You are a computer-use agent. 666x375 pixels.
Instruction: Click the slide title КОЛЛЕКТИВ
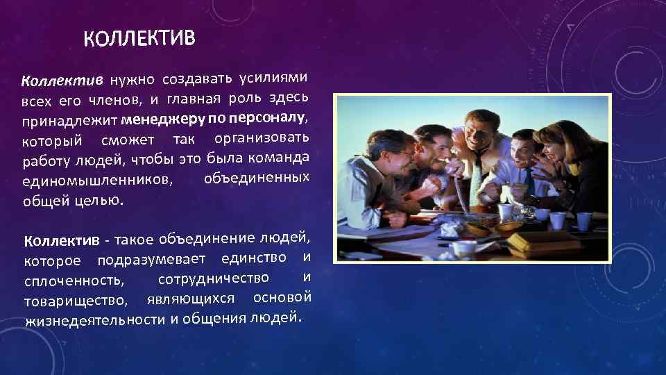[140, 35]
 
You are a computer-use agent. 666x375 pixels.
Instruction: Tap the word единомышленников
[97, 183]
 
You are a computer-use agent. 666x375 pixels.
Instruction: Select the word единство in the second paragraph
[254, 259]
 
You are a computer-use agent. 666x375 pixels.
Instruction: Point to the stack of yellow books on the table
[544, 241]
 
